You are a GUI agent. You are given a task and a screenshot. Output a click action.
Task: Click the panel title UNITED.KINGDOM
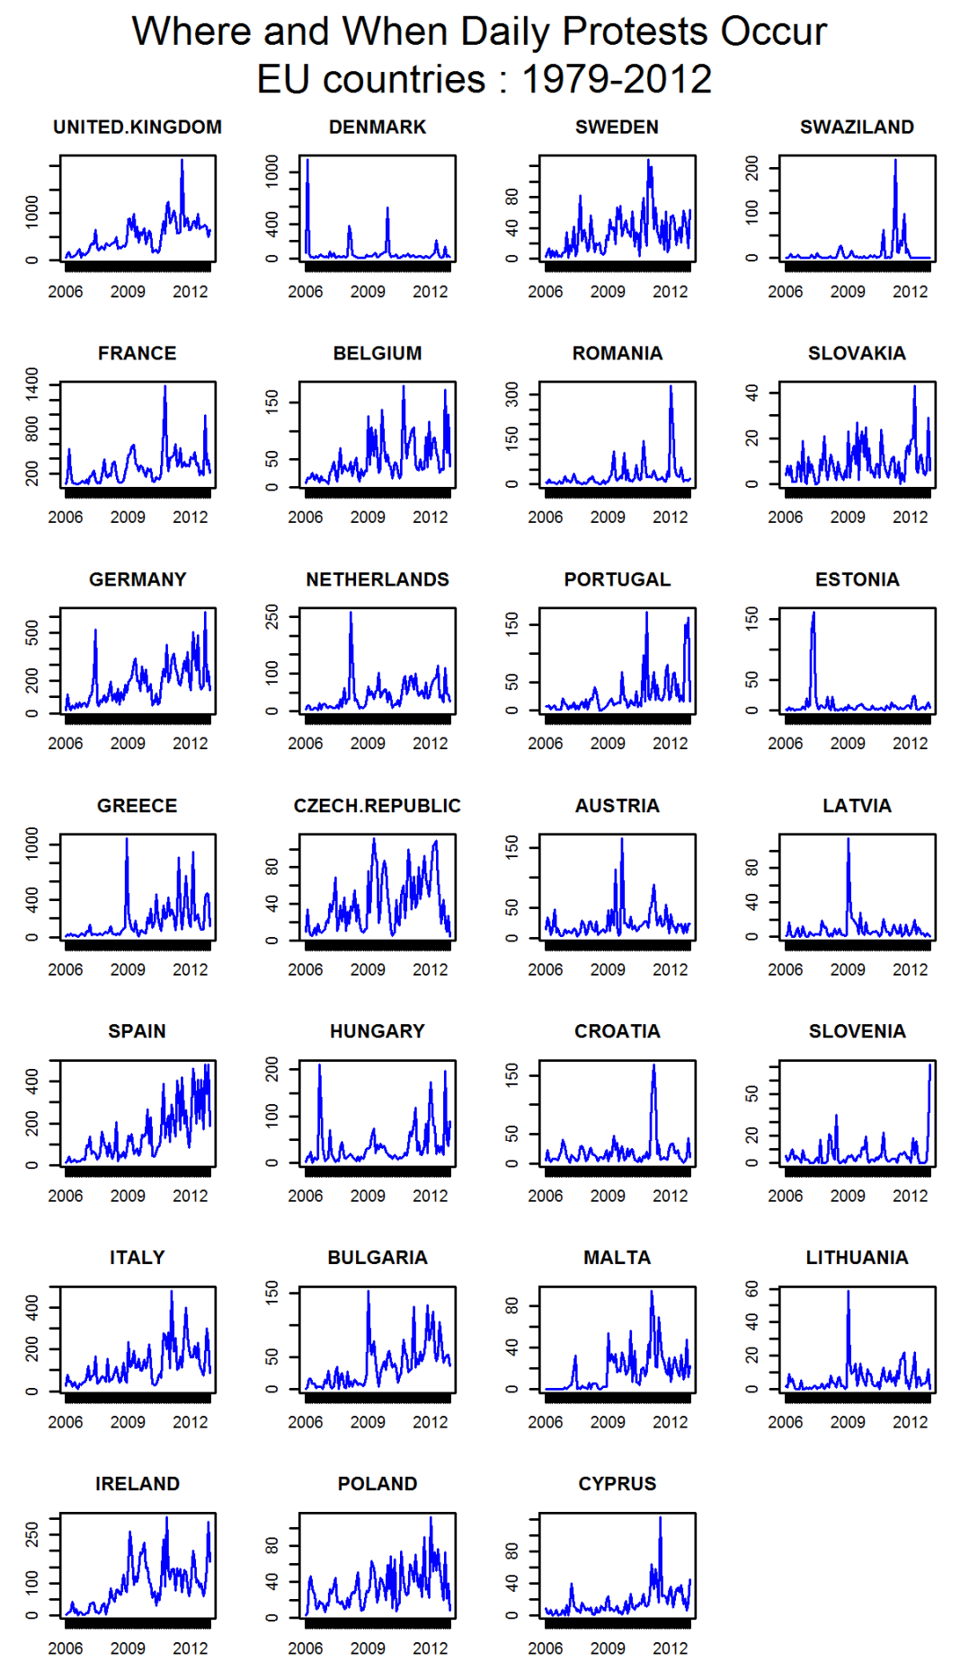(x=137, y=128)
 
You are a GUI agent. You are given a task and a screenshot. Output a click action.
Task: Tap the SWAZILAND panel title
(x=857, y=128)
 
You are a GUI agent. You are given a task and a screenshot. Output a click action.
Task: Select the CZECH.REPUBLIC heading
(x=377, y=806)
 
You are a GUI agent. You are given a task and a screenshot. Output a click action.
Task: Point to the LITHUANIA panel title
(x=857, y=1258)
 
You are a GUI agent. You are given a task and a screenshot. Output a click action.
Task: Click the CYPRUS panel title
(x=617, y=1484)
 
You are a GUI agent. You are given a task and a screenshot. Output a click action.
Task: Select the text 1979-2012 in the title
(x=617, y=79)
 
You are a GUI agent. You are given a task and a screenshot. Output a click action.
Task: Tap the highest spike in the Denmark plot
(x=307, y=161)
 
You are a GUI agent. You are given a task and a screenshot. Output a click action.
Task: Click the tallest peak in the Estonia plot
(x=813, y=614)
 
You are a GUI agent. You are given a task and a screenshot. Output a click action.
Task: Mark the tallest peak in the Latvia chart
(x=848, y=839)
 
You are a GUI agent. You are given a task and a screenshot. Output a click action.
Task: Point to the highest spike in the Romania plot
(x=671, y=387)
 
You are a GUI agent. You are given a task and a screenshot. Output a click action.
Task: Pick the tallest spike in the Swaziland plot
(x=895, y=161)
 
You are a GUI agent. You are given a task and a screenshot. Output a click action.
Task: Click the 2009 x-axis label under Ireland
(x=128, y=1648)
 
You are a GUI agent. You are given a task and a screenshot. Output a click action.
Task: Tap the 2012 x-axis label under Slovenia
(x=910, y=1196)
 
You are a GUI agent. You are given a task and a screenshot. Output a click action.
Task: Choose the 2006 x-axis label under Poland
(x=306, y=1648)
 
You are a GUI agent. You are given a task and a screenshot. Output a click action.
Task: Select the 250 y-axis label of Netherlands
(x=272, y=616)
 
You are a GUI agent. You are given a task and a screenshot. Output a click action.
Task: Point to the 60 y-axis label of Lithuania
(x=752, y=1290)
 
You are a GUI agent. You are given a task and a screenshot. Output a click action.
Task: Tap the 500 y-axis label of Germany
(x=32, y=632)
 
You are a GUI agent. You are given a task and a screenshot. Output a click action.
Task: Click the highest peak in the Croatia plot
(x=653, y=1065)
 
